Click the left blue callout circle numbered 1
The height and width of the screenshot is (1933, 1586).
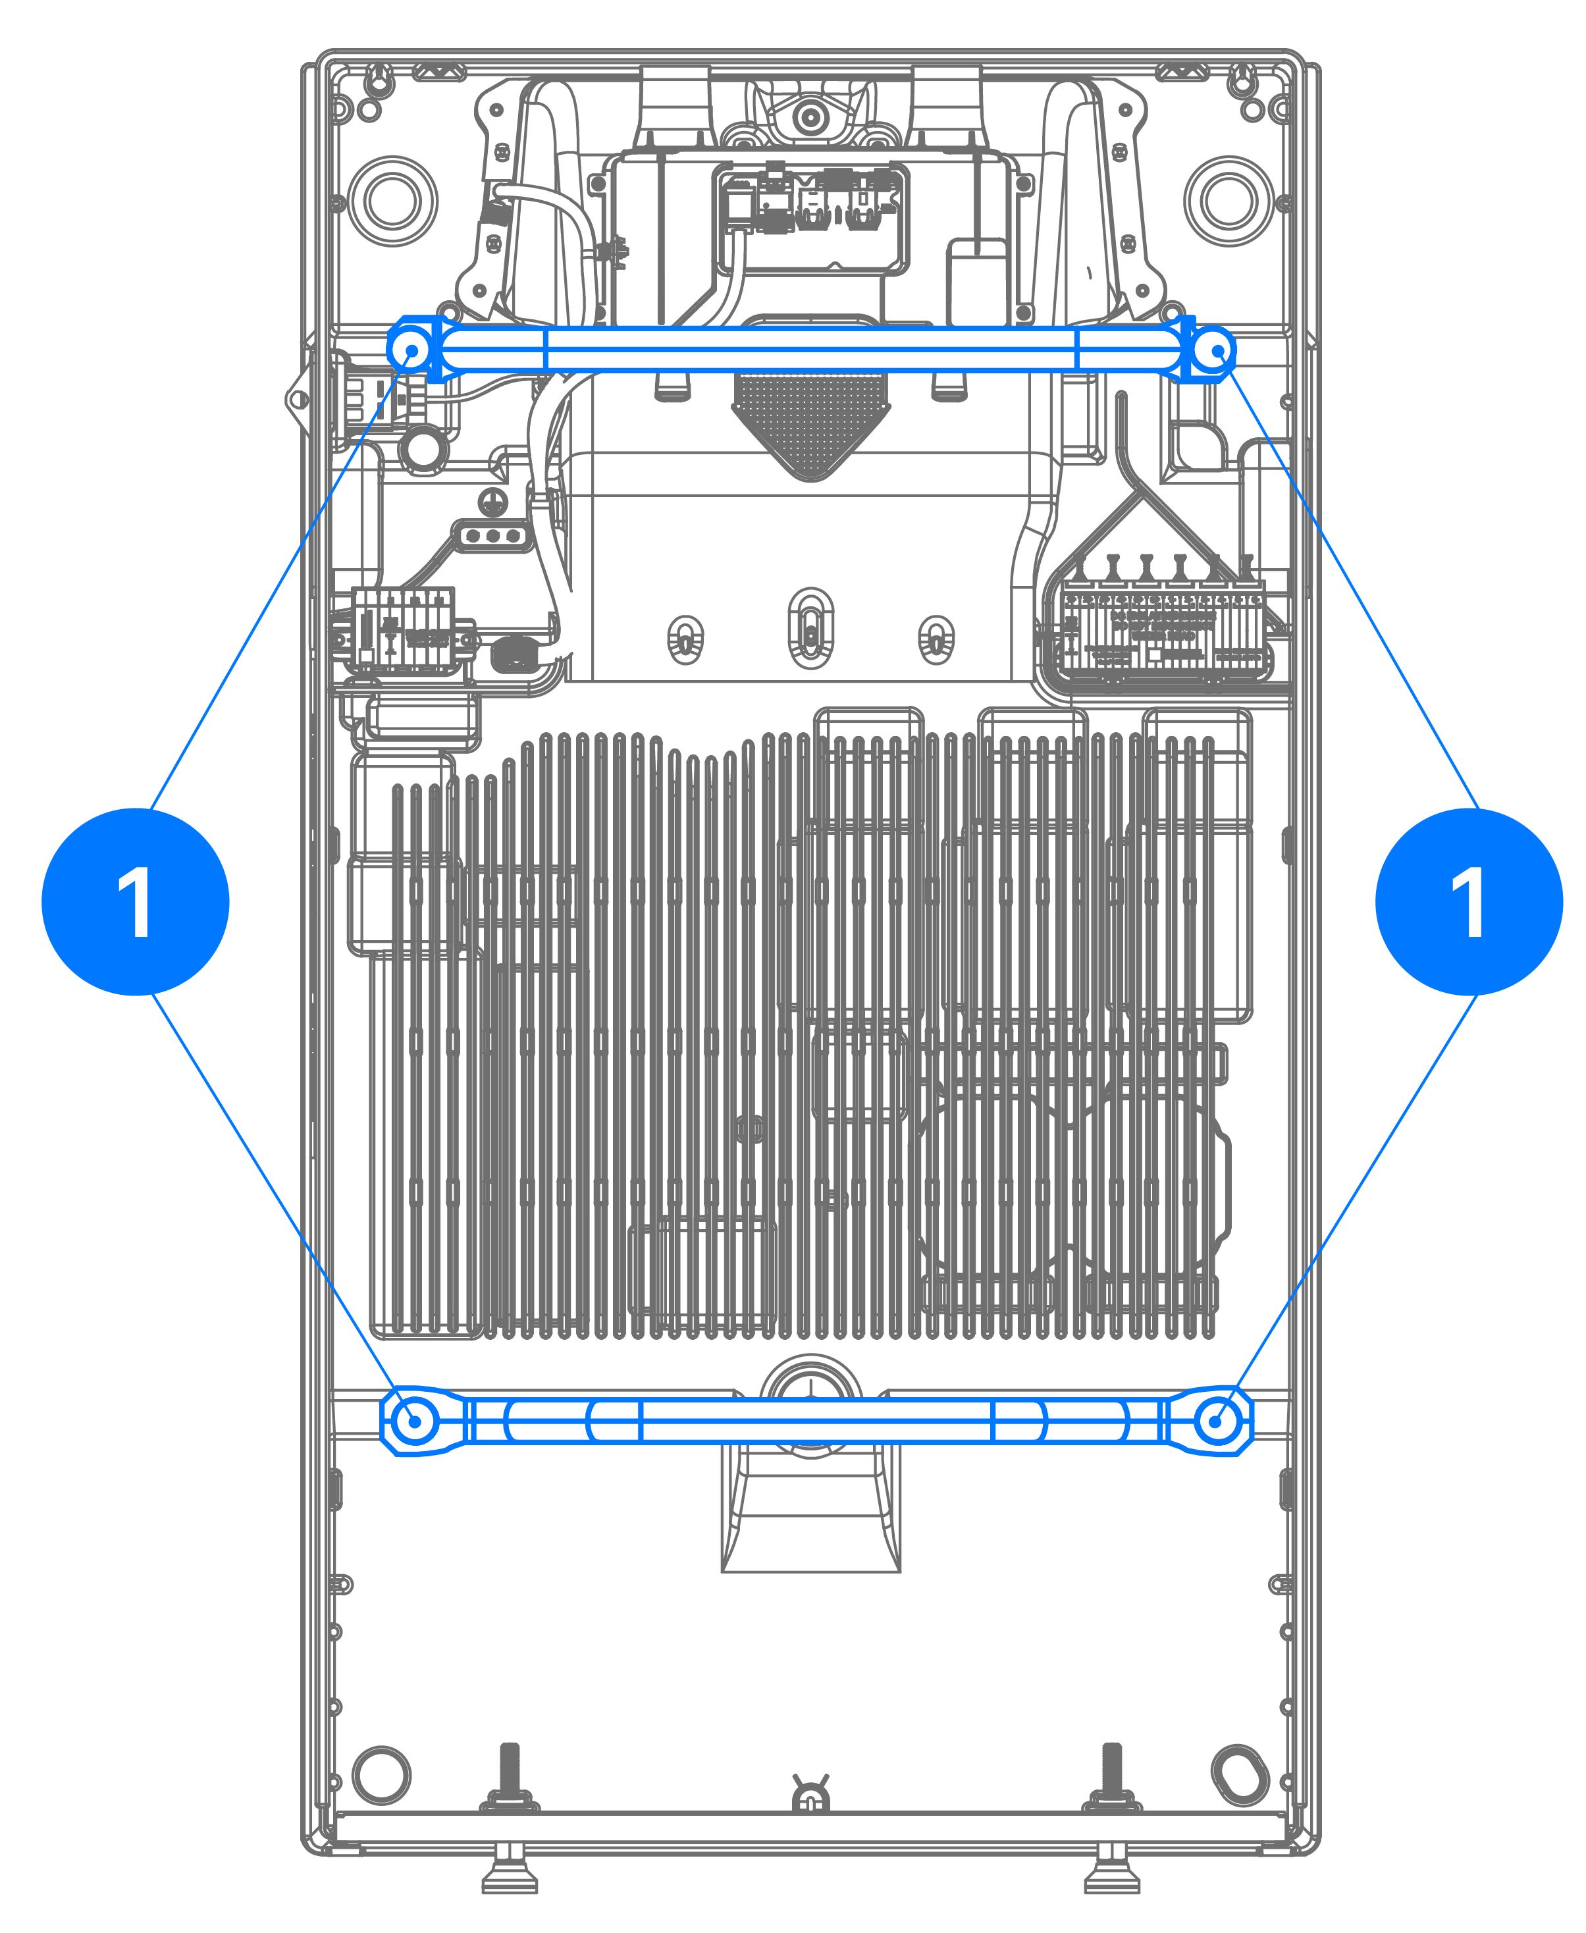click(x=135, y=901)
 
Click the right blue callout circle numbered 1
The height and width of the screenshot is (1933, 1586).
click(x=1469, y=901)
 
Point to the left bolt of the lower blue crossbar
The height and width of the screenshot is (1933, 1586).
click(x=415, y=1421)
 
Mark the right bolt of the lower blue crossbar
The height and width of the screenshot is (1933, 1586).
click(x=1216, y=1421)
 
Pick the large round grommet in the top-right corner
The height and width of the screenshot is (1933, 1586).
click(x=1229, y=201)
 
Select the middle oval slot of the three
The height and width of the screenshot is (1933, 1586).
click(x=811, y=629)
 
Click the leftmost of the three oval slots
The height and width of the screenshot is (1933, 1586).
click(x=686, y=639)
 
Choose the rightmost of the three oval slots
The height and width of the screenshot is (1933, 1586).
click(x=936, y=639)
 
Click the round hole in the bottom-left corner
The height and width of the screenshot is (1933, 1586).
click(x=381, y=1775)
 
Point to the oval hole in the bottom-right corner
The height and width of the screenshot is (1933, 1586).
click(x=1240, y=1775)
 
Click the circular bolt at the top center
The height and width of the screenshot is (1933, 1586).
click(x=809, y=117)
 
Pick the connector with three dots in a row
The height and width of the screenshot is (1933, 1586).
click(x=493, y=535)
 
